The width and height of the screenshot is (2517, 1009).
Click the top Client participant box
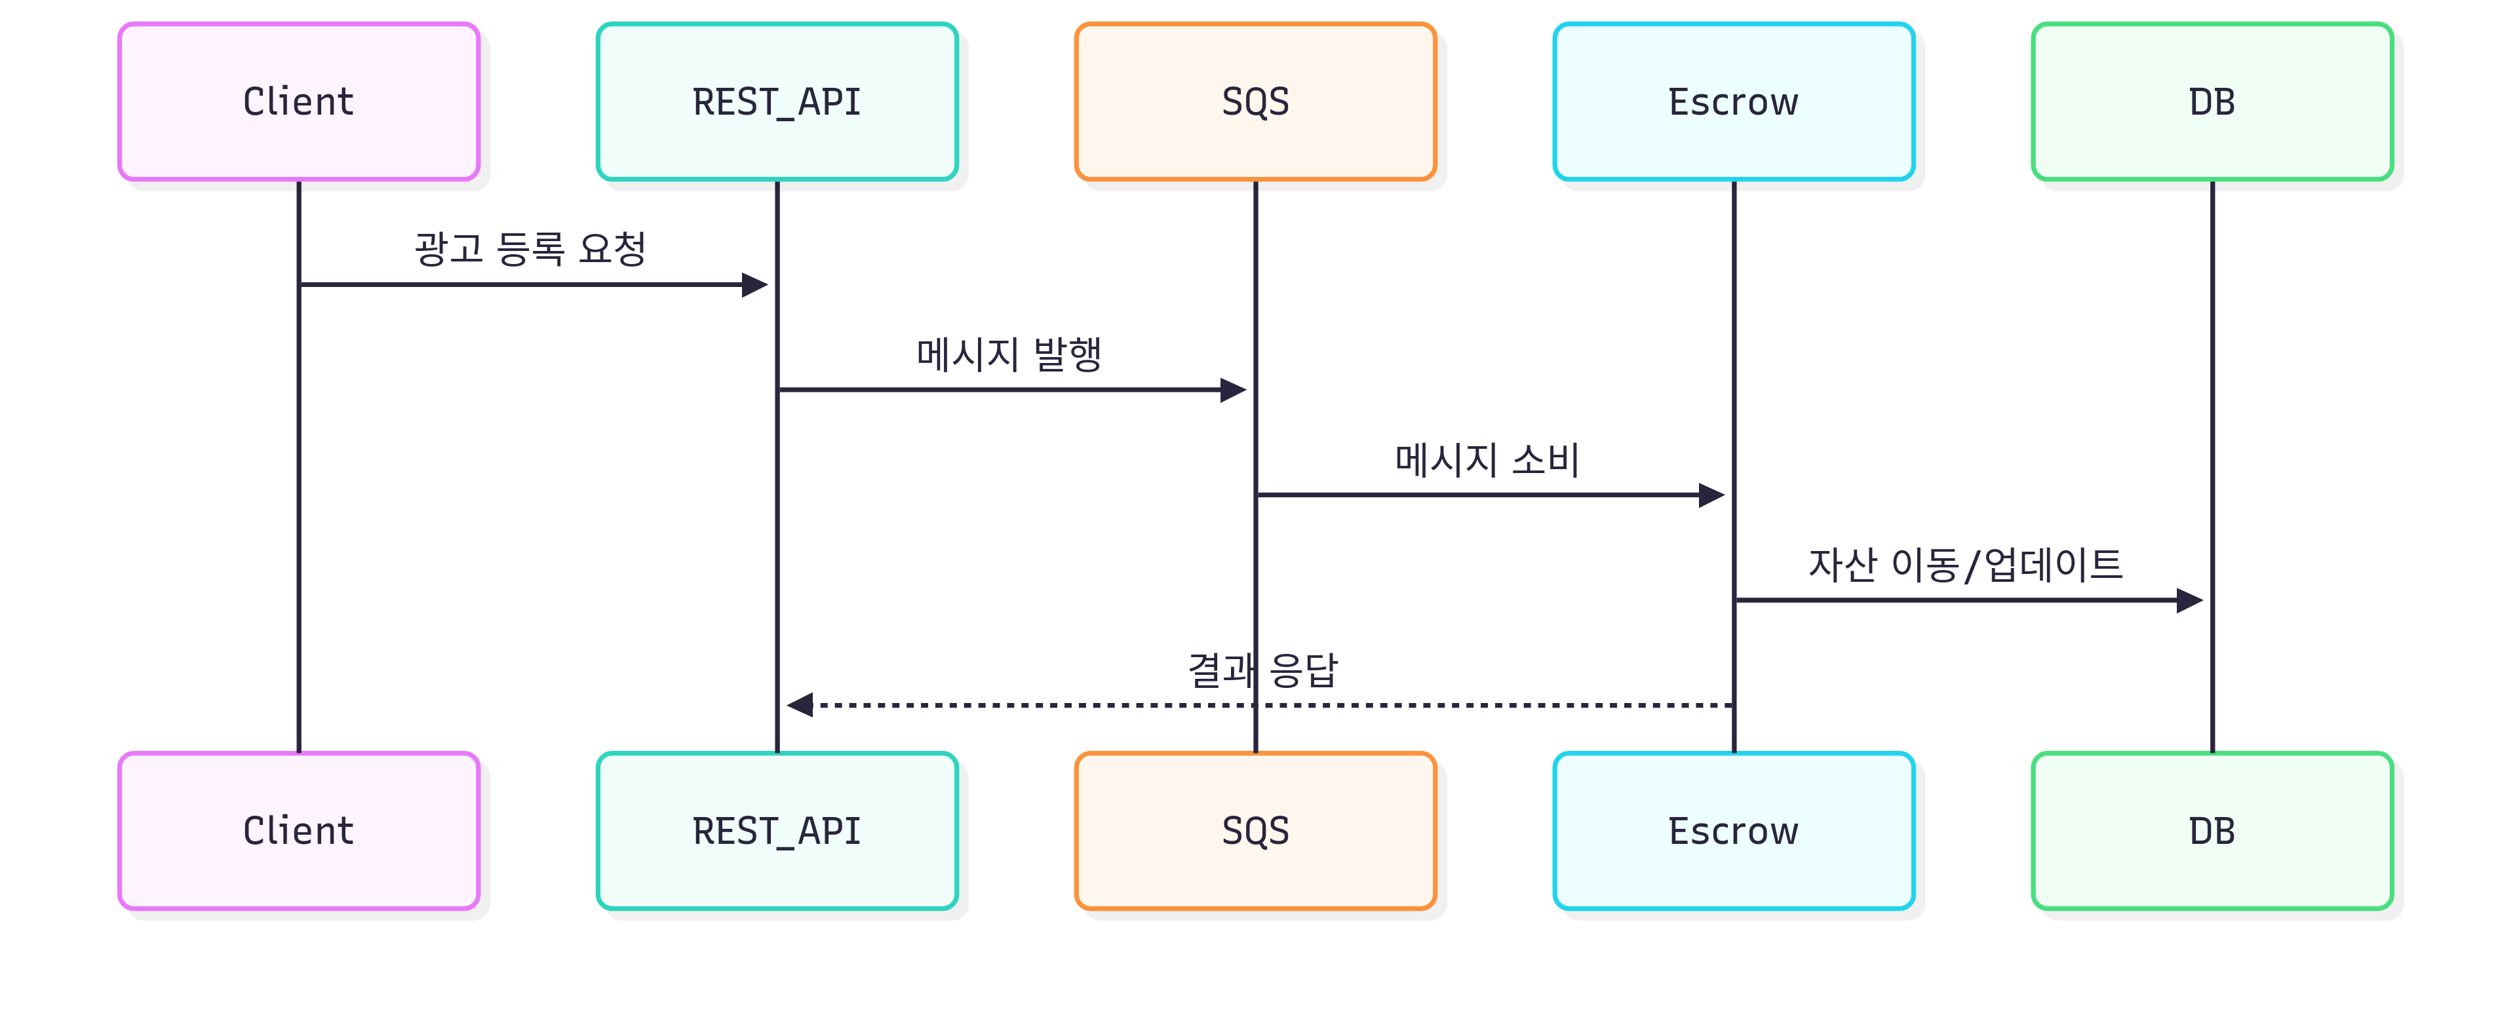pyautogui.click(x=298, y=102)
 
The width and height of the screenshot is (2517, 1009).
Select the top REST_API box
pyautogui.click(x=777, y=102)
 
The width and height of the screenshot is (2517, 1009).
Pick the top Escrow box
pyautogui.click(x=1733, y=102)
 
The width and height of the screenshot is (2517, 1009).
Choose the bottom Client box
pyautogui.click(x=298, y=830)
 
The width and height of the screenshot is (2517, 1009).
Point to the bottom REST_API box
pyautogui.click(x=777, y=830)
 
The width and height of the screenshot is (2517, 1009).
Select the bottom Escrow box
pyautogui.click(x=1733, y=830)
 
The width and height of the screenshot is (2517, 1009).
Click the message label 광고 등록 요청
pyautogui.click(x=530, y=248)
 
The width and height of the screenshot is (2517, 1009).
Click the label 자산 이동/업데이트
pyautogui.click(x=1965, y=563)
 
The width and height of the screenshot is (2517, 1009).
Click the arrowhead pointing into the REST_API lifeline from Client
pyautogui.click(x=755, y=284)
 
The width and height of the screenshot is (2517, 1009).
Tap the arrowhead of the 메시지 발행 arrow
pyautogui.click(x=1233, y=390)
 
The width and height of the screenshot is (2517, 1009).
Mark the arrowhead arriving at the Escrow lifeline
pyautogui.click(x=1712, y=495)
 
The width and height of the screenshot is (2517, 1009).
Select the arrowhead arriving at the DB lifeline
pyautogui.click(x=2190, y=600)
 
